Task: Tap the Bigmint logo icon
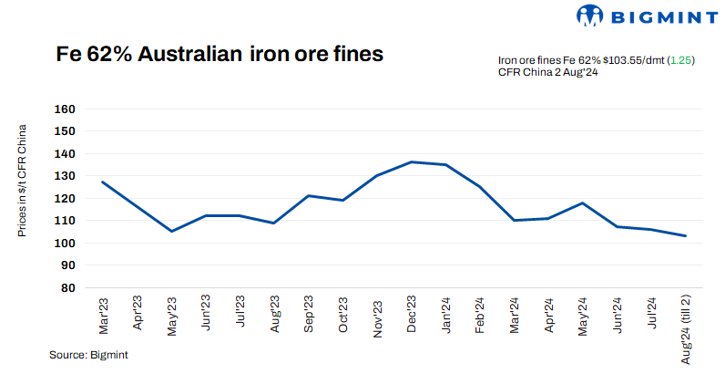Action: (x=590, y=16)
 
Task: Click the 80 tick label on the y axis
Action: (x=65, y=287)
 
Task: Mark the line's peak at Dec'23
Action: (x=412, y=161)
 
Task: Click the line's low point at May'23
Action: (x=170, y=231)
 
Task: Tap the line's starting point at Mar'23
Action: (x=102, y=182)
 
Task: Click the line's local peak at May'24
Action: (x=583, y=203)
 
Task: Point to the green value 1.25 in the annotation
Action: (x=680, y=59)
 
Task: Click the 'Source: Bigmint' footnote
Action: (x=88, y=354)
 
